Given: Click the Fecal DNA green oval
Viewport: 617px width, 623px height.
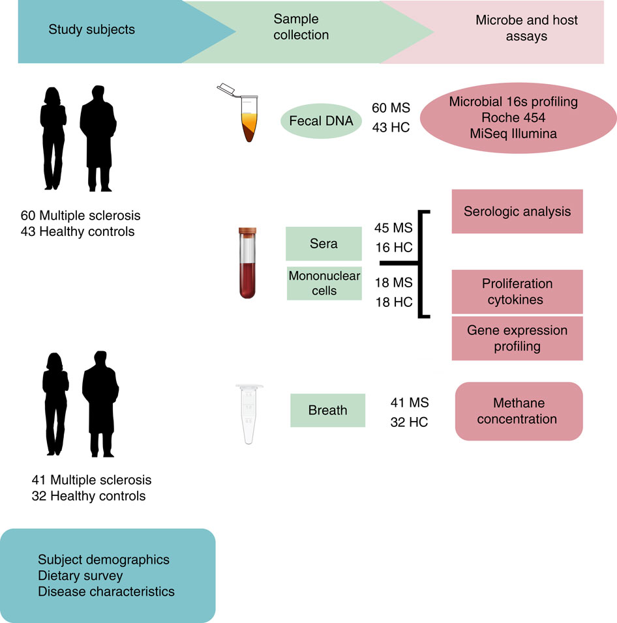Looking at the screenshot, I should point(321,121).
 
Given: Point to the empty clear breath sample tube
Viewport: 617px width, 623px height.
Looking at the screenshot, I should point(247,414).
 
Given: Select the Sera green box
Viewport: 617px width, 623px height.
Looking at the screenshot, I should point(324,243).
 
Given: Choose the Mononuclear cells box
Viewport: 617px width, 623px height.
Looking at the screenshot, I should point(324,283).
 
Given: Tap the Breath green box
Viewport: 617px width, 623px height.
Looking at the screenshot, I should point(327,411).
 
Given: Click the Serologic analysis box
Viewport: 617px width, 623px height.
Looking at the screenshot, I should point(517,211).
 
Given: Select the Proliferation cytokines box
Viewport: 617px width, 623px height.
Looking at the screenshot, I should point(517,291).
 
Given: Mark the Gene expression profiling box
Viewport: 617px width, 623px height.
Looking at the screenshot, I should point(517,338).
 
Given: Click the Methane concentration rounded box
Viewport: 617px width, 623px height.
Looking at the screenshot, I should point(518,411).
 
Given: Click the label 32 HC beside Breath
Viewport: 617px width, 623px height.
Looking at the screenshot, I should point(409,422).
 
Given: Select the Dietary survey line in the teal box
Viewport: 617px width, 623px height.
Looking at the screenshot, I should point(80,575).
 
